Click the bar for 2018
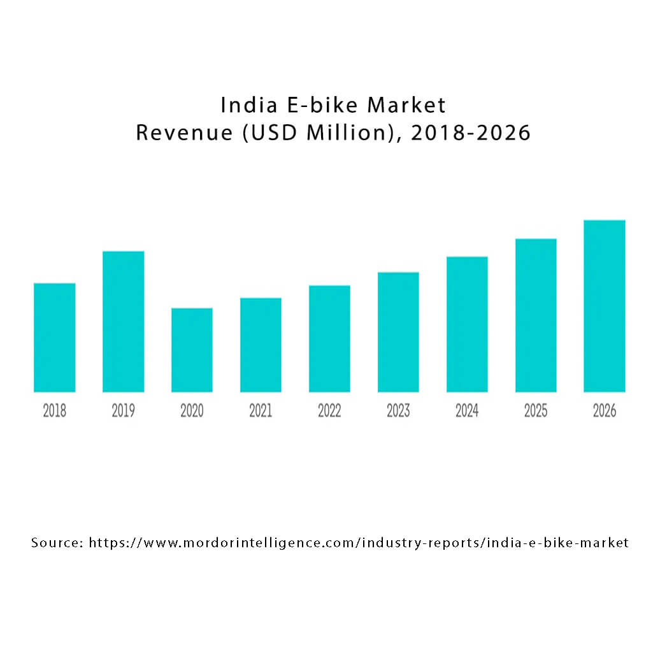coord(54,338)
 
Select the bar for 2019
coord(123,322)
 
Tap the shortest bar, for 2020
coord(192,350)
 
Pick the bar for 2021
coord(261,345)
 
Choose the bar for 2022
coord(329,339)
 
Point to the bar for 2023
coord(398,333)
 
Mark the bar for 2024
coord(467,324)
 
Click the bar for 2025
coord(536,315)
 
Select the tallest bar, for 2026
coord(605,306)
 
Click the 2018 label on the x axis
coord(54,412)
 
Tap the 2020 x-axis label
coord(192,412)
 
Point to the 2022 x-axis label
coord(329,412)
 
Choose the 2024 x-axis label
coord(467,412)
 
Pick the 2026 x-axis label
coord(605,412)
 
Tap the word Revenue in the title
coord(185,133)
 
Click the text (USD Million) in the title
coord(326,133)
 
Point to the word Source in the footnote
coord(57,543)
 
